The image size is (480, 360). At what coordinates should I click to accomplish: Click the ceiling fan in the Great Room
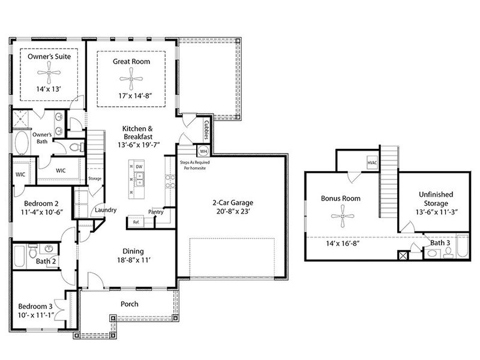[x=131, y=79]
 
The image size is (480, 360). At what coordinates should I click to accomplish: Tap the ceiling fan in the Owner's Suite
[x=49, y=73]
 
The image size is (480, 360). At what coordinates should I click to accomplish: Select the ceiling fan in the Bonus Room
[x=343, y=216]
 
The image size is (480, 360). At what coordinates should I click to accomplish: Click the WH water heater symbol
[x=203, y=151]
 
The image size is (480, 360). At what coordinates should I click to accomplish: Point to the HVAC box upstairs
[x=372, y=163]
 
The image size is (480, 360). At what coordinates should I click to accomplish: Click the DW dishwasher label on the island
[x=139, y=167]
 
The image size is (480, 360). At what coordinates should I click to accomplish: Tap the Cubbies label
[x=206, y=130]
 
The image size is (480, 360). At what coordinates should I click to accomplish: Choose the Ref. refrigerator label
[x=136, y=222]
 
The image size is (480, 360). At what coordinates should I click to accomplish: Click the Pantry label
[x=156, y=212]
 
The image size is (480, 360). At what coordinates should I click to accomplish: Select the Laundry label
[x=106, y=210]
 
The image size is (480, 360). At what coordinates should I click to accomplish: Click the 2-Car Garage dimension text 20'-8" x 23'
[x=233, y=211]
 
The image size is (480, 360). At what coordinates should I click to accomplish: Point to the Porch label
[x=130, y=304]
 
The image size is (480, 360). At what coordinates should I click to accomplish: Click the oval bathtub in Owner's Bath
[x=21, y=143]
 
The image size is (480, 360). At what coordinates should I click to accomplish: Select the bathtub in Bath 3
[x=463, y=246]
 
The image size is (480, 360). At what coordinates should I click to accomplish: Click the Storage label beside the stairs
[x=95, y=178]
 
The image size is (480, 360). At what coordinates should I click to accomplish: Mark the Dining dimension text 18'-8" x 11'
[x=133, y=260]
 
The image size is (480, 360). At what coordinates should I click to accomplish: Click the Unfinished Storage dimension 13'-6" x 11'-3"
[x=436, y=212]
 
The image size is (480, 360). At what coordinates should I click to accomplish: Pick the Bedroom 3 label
[x=35, y=307]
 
